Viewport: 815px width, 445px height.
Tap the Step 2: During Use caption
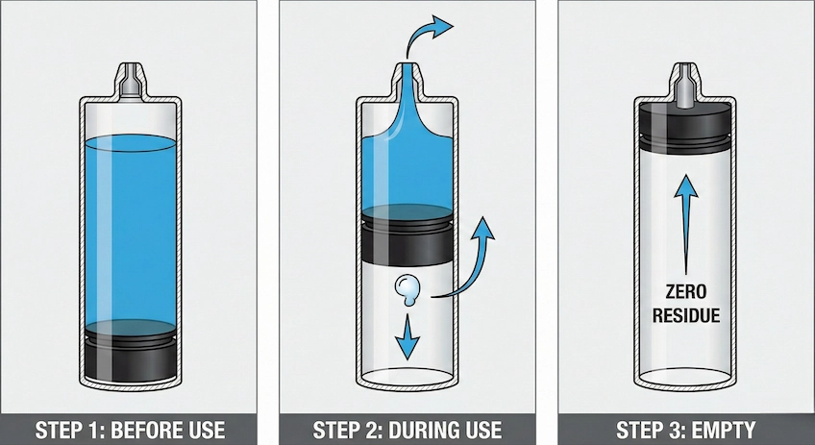coord(407,430)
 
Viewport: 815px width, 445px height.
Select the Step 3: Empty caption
coord(686,430)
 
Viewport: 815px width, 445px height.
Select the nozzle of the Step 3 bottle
coord(686,81)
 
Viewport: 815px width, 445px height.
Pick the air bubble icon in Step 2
coord(407,289)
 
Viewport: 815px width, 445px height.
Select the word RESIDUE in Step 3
coord(686,315)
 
